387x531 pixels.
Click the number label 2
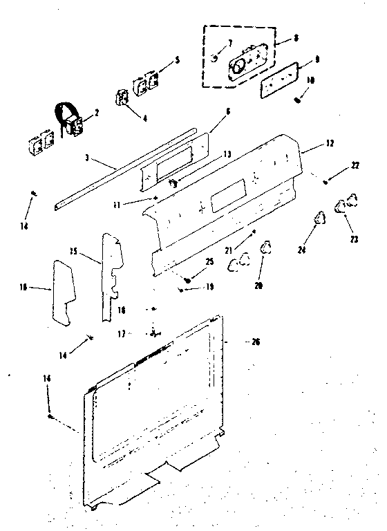[x=96, y=112]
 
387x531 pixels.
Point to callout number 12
[x=330, y=144]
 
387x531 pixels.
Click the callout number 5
[x=177, y=61]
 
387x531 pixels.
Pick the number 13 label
[x=216, y=156]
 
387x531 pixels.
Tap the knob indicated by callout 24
[x=319, y=218]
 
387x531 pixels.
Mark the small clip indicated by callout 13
[x=173, y=183]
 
